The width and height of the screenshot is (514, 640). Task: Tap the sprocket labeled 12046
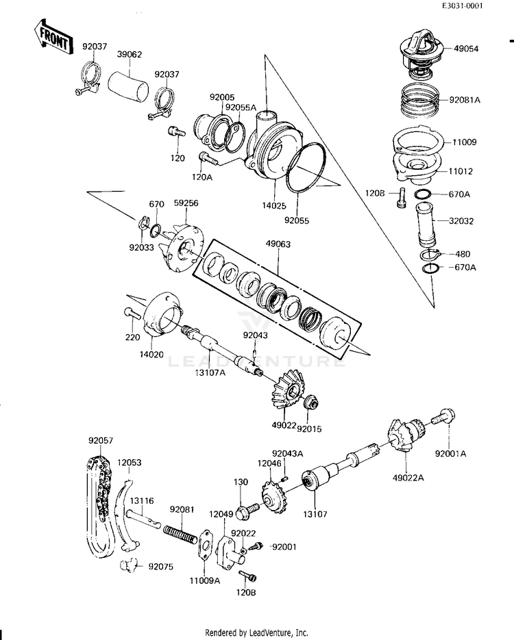click(276, 498)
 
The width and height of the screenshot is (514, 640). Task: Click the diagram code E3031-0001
click(481, 6)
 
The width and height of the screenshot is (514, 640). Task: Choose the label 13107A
click(210, 372)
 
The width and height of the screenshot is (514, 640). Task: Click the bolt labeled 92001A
click(445, 416)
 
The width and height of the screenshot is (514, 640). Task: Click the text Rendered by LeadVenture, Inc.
click(256, 632)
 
